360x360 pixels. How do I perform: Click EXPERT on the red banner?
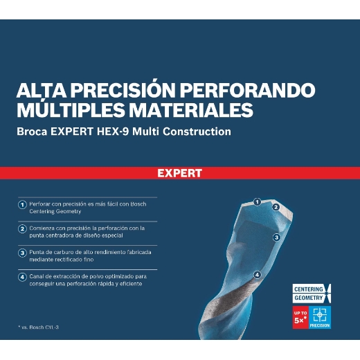pos(179,173)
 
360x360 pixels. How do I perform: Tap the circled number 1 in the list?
pos(22,205)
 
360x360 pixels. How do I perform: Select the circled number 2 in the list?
pos(22,228)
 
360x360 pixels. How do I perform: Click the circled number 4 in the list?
pos(22,276)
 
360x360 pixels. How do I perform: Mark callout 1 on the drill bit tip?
pos(257,202)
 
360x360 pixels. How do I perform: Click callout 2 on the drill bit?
pos(275,207)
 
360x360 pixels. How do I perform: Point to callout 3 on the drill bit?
pos(276,237)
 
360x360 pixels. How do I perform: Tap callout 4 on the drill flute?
pos(257,274)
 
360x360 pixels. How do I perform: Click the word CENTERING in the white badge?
pos(309,288)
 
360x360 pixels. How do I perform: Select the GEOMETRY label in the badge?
pos(308,297)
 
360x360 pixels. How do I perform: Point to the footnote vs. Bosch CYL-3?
pos(41,326)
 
